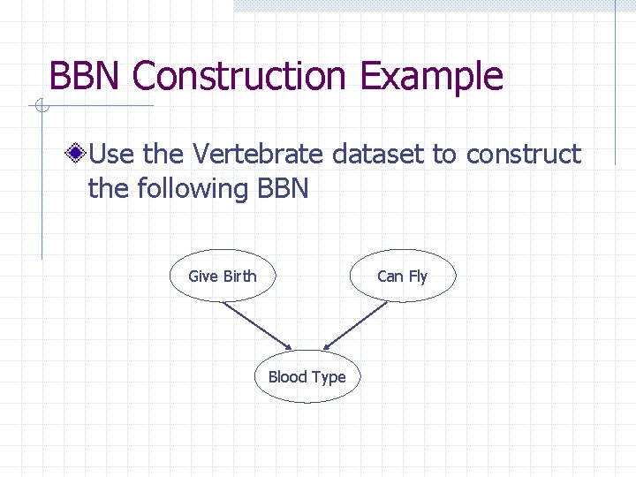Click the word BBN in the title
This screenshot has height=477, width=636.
(87, 77)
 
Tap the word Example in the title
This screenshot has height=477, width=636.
(431, 77)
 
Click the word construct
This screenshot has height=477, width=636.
(523, 155)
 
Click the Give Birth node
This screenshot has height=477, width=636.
(223, 276)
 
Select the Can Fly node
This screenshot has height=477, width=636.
(402, 276)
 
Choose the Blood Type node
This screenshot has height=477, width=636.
(307, 377)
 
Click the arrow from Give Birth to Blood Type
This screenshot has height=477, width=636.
(258, 325)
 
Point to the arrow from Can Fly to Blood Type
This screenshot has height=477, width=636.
(355, 325)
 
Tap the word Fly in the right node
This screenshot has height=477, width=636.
(417, 276)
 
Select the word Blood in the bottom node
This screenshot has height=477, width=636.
(287, 377)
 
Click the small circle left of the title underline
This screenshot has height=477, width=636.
(39, 107)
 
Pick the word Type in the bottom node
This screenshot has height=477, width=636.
(329, 377)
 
